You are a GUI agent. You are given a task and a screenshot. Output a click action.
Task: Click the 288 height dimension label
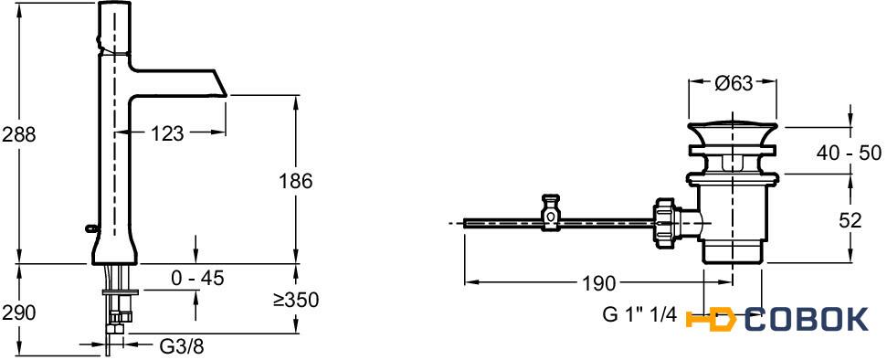tap(19, 134)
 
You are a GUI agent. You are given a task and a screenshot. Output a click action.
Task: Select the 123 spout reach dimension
tap(167, 133)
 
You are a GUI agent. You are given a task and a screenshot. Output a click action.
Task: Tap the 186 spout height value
tap(295, 181)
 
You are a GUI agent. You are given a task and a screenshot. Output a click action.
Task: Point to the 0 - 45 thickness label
tap(197, 278)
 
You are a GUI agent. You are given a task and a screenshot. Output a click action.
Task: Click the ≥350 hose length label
tap(295, 300)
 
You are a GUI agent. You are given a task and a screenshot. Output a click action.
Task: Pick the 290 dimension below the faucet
tap(19, 312)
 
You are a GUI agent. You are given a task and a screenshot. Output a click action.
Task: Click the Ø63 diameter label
tap(734, 84)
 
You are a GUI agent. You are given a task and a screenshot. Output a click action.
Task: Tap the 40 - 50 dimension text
tap(850, 153)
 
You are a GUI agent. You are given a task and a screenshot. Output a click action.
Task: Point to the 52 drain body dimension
tap(850, 219)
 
